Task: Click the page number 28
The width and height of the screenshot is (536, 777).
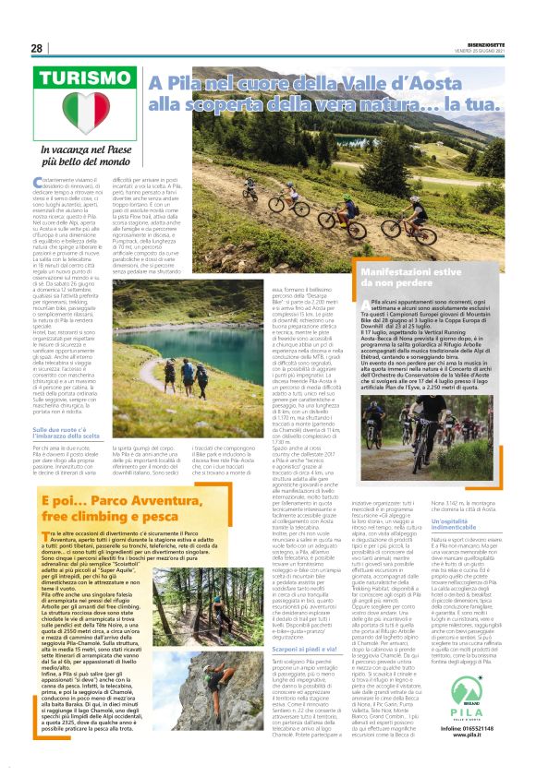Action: (x=36, y=48)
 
